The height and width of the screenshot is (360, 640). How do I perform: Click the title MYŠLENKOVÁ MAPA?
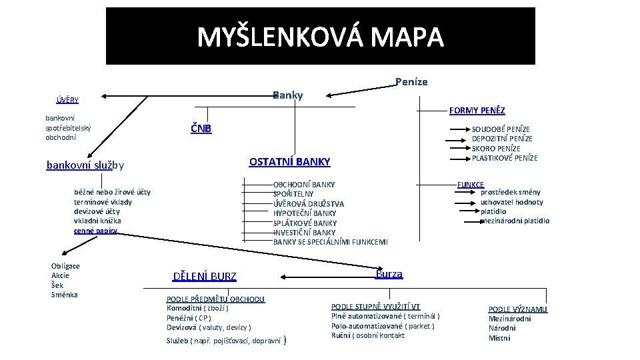point(320,37)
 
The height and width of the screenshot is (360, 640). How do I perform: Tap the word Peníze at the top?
point(411,82)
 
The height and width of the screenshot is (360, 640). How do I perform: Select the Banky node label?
point(288,95)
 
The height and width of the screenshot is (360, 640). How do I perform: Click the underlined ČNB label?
point(201,128)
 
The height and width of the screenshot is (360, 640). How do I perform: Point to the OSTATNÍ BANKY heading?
point(289,162)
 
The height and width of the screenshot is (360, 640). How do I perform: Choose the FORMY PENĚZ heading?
point(477,111)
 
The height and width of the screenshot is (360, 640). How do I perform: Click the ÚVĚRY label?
point(67,100)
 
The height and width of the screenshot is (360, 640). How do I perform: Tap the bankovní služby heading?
point(85,165)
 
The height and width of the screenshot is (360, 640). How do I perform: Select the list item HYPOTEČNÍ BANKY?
point(305,213)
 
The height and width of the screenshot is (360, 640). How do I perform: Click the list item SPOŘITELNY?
point(293,194)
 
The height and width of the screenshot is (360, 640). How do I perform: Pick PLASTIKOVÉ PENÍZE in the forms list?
point(505,158)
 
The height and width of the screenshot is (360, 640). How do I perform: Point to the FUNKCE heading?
point(470,184)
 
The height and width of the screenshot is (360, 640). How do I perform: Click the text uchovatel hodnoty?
point(511,202)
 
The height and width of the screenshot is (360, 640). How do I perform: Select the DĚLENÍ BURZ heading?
point(205,277)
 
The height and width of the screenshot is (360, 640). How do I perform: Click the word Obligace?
point(65,266)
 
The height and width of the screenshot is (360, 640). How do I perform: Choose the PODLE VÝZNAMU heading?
point(518,309)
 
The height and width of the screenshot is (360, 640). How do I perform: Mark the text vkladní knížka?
point(98,221)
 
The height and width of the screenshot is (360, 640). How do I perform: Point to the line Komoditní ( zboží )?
point(197,309)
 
